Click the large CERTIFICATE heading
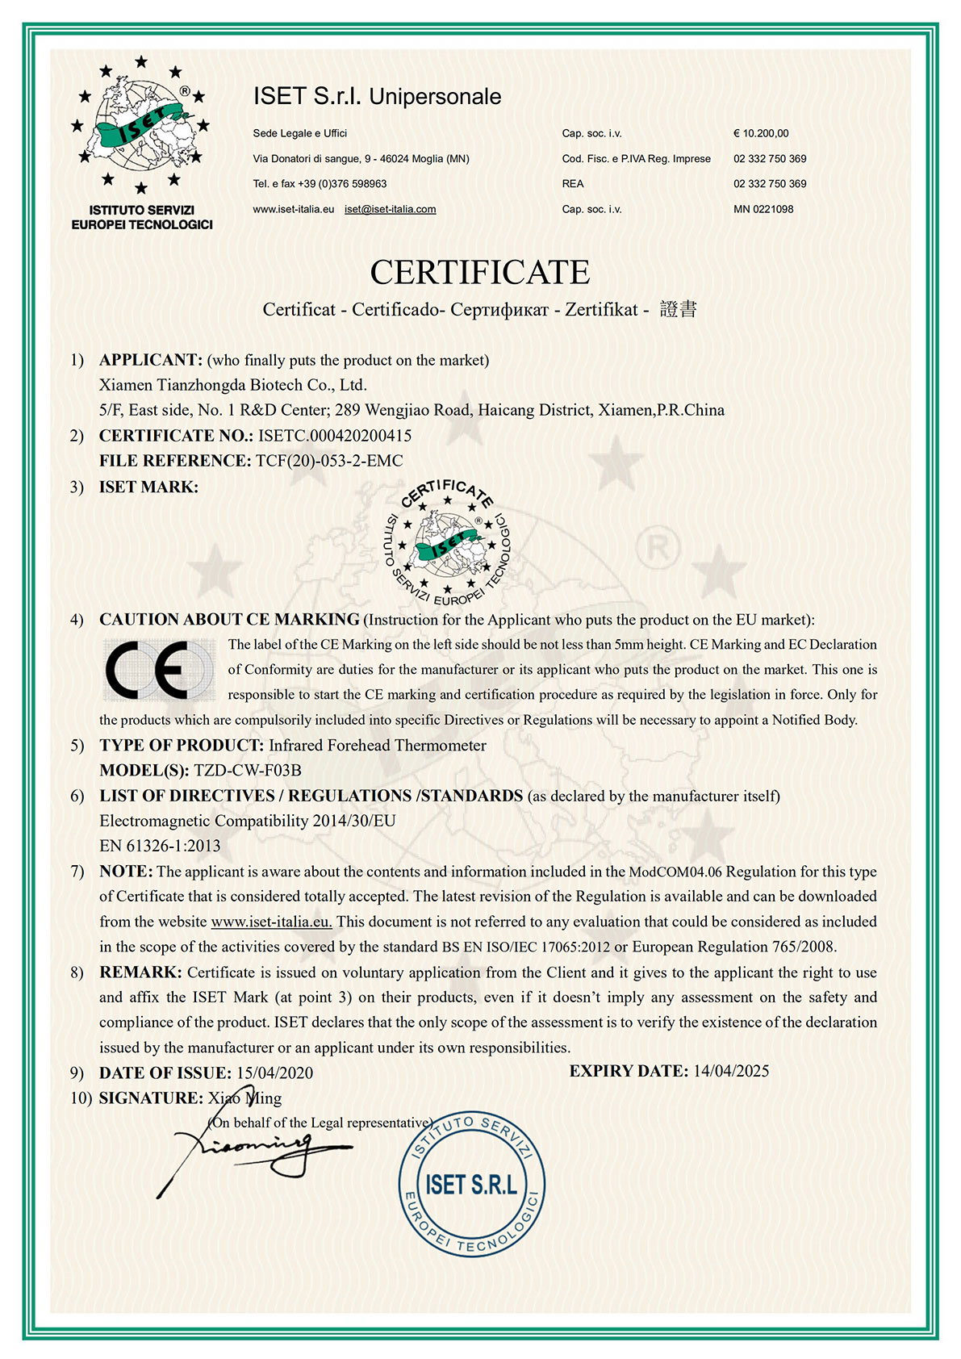[480, 273]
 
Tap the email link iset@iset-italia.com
[390, 209]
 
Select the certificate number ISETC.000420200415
[335, 436]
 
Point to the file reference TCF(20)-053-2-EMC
[329, 461]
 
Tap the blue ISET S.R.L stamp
[471, 1184]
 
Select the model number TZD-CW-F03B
[248, 770]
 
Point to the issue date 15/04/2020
[274, 1073]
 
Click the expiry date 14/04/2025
[731, 1071]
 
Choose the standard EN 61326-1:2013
[160, 846]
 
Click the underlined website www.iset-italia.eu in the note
[271, 922]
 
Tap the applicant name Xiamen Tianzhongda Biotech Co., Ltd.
[233, 385]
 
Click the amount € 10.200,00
[761, 133]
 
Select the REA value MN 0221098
[763, 209]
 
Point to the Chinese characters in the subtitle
[678, 309]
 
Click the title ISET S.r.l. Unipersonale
[377, 97]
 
